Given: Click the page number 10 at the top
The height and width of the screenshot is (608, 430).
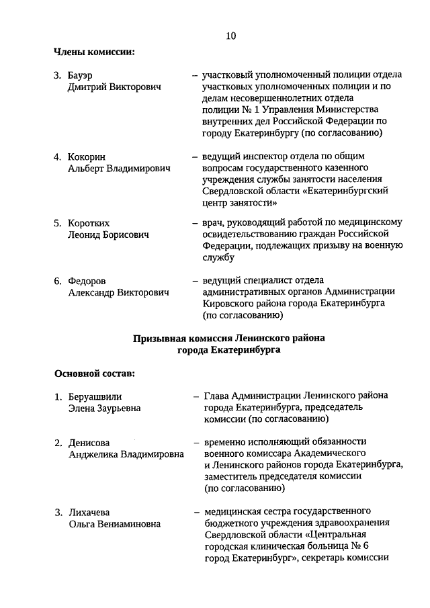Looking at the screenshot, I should [x=230, y=36].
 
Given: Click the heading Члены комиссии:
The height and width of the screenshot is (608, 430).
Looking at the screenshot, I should [x=94, y=51].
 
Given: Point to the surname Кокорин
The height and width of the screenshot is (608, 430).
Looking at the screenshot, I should [x=87, y=157].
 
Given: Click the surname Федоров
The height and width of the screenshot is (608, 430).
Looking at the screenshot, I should [x=88, y=280].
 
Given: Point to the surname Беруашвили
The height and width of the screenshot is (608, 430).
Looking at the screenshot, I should [x=95, y=396].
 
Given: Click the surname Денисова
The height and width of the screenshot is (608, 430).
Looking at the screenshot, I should [x=89, y=442].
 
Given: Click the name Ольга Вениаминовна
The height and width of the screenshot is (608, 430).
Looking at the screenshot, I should [x=114, y=525].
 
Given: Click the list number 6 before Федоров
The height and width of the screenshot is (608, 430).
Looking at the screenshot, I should [x=58, y=280].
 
